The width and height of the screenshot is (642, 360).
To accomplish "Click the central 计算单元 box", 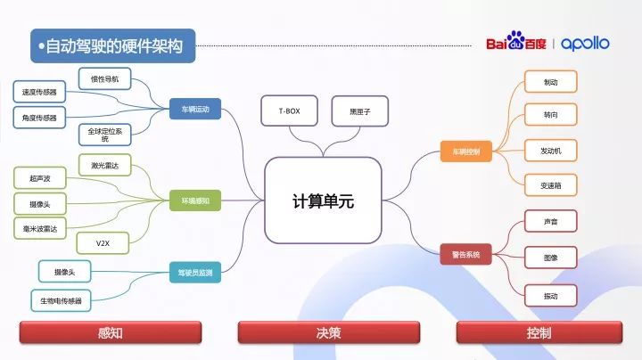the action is (323, 201).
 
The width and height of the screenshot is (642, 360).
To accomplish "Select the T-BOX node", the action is (289, 111).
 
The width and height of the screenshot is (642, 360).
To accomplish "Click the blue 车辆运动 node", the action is (194, 110).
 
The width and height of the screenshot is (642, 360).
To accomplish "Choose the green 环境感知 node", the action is (194, 202).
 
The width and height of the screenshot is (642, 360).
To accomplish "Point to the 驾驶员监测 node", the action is (194, 274).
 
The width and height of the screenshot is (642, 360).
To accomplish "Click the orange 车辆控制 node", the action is (466, 151).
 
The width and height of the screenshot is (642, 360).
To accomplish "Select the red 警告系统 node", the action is (466, 255).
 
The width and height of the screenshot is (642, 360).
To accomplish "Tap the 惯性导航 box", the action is (104, 79).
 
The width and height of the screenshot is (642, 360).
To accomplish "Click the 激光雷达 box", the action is (104, 166).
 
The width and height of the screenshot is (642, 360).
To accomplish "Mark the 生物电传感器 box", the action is (61, 301).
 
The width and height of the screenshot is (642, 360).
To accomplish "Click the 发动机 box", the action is (550, 149).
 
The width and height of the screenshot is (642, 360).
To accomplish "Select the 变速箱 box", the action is (550, 185).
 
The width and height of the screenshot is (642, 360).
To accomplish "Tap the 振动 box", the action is (550, 295).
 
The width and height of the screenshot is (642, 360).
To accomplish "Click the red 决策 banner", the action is (327, 332).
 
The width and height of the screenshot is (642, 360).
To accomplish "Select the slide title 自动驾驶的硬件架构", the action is (113, 45).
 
